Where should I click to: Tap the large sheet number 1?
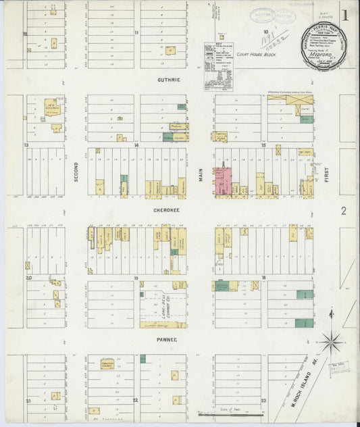344,16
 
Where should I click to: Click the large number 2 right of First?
343,211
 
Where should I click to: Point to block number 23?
263,401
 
